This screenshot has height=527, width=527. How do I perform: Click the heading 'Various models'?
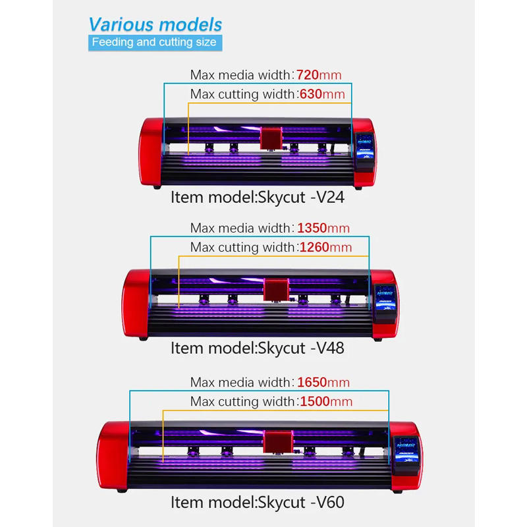click(x=155, y=25)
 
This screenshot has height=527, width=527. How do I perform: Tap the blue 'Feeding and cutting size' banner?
click(x=153, y=43)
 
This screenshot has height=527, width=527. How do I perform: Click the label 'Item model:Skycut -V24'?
click(x=258, y=196)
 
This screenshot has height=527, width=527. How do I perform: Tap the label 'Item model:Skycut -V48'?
click(x=258, y=348)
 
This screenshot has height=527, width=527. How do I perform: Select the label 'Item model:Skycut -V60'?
click(x=258, y=503)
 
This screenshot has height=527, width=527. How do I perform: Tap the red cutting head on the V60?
click(x=277, y=441)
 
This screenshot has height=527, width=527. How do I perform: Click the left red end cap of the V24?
click(x=151, y=153)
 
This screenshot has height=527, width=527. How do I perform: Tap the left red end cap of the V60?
click(x=112, y=456)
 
